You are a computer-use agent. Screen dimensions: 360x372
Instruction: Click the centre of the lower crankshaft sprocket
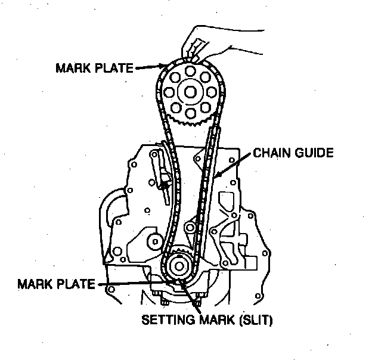178,266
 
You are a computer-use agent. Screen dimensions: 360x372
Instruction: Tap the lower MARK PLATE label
57,283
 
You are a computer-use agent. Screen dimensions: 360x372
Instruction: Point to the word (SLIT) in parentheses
255,320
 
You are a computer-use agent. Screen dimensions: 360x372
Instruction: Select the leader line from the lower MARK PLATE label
131,283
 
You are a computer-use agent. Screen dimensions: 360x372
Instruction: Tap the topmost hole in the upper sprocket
191,71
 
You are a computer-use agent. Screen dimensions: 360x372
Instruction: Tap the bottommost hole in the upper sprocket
191,113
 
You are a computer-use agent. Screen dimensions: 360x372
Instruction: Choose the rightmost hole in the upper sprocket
213,92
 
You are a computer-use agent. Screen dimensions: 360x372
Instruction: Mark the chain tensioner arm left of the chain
162,173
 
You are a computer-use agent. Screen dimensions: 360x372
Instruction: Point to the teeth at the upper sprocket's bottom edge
191,123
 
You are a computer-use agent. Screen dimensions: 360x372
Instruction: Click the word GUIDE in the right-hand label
312,153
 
